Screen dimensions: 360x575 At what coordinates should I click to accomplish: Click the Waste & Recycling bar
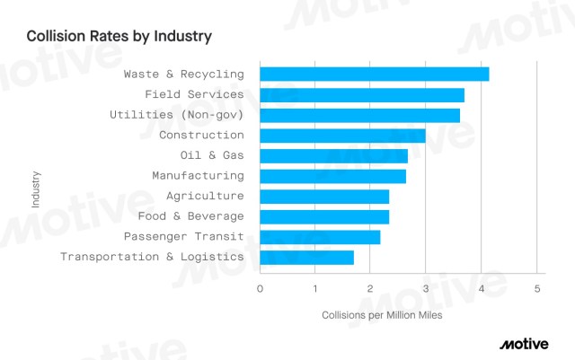coord(374,74)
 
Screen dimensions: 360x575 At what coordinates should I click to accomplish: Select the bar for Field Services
coord(362,94)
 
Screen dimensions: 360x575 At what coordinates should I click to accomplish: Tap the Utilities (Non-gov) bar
coord(359,115)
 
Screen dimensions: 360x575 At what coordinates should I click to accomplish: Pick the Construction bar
coord(342,136)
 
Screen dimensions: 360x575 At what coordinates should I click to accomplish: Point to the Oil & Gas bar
coord(333,155)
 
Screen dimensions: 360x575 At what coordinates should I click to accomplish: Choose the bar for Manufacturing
coord(332,176)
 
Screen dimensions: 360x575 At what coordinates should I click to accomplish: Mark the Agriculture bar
coord(324,197)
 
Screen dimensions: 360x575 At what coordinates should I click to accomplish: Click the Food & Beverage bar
coord(324,216)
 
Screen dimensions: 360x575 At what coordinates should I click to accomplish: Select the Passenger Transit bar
coord(320,237)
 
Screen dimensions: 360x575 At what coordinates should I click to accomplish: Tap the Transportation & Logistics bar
coord(306,258)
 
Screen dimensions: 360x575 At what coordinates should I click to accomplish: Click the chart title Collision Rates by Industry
coord(119,37)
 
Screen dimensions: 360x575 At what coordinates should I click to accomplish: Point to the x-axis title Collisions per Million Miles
coord(382,315)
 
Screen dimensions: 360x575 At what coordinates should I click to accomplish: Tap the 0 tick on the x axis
coord(260,289)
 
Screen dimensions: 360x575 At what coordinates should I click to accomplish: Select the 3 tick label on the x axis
coord(426,289)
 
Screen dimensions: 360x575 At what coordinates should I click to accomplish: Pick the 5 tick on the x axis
coord(536,289)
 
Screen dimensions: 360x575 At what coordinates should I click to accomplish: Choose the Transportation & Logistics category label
coord(152,257)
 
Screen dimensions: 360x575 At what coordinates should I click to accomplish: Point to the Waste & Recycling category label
coord(183,74)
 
